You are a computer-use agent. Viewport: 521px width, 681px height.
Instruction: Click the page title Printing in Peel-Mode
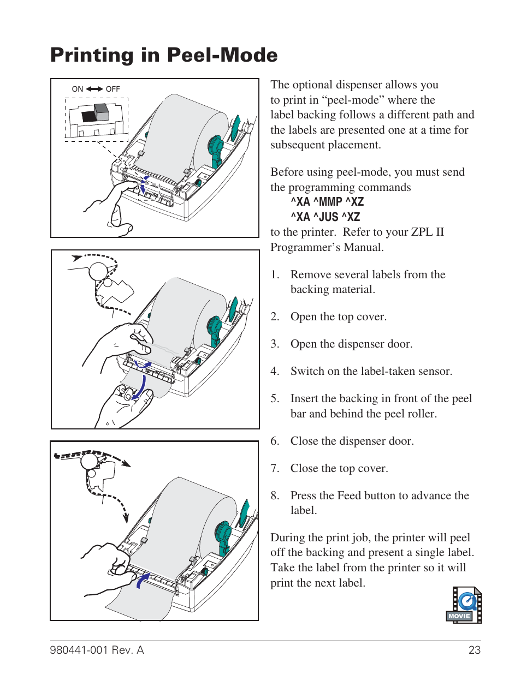[164, 55]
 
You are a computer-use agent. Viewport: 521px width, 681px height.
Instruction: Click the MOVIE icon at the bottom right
[464, 605]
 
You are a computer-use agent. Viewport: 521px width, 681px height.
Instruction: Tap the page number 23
[474, 650]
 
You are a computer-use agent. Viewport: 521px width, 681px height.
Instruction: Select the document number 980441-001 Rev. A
[97, 650]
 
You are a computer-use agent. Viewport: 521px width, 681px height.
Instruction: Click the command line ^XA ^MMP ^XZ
[327, 202]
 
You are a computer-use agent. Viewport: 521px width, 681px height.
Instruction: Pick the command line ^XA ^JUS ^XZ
[325, 217]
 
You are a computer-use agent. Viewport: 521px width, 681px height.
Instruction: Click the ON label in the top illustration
[78, 89]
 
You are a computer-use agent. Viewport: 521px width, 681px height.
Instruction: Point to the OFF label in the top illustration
[113, 89]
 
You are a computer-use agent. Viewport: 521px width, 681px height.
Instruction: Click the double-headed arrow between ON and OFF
[94, 89]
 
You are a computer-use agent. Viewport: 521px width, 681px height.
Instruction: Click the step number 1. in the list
[275, 274]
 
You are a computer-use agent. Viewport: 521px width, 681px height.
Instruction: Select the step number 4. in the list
[275, 372]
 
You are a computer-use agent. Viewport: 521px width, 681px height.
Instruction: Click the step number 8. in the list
[275, 495]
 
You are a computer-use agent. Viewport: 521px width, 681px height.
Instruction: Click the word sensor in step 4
[434, 372]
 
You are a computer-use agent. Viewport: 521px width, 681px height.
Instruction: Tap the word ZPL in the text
[422, 232]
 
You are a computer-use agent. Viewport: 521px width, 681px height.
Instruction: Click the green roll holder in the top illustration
[216, 150]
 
